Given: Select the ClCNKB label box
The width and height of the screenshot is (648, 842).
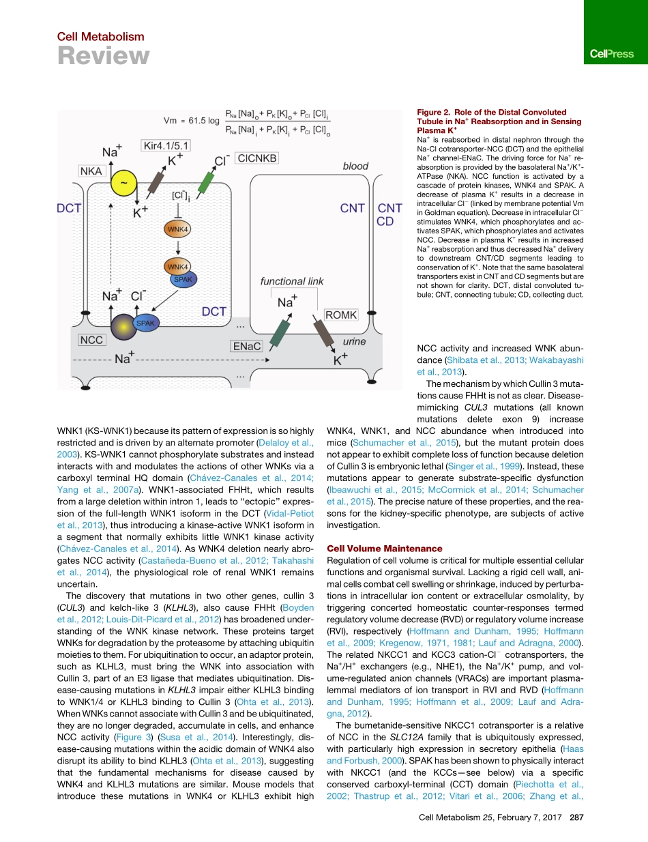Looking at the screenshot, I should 255,158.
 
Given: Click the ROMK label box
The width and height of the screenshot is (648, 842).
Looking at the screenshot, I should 341,315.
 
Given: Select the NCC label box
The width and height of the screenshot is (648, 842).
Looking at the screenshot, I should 91,339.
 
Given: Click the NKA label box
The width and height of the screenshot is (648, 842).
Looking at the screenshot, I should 91,172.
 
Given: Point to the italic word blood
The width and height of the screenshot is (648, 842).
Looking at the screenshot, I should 355,166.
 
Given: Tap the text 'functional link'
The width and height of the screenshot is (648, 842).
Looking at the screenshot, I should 292,281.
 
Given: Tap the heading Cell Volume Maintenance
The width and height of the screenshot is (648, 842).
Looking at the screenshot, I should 385,549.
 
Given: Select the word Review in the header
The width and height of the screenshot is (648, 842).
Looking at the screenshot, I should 102,57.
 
